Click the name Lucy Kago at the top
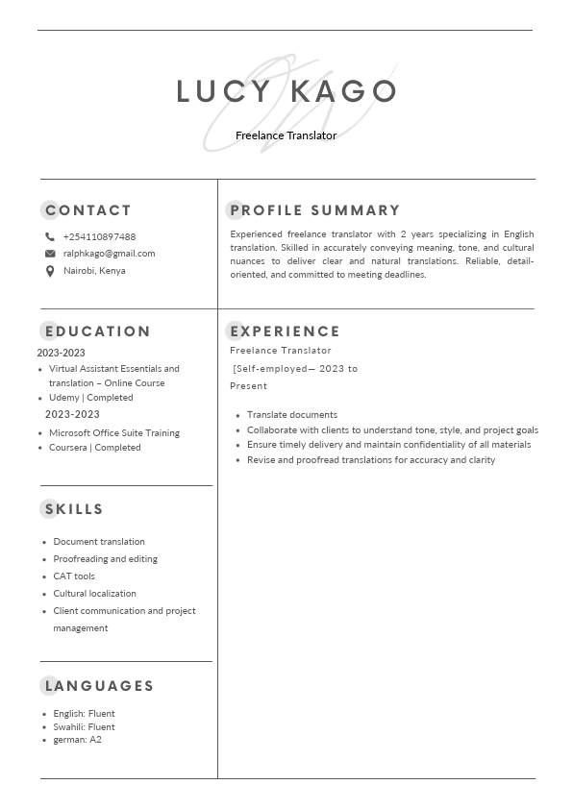tap(286, 91)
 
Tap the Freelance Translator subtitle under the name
tap(286, 135)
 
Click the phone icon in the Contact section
tap(50, 236)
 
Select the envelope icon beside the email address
tap(50, 254)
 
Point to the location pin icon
tap(50, 271)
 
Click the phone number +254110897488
tap(99, 236)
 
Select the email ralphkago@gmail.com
tap(109, 254)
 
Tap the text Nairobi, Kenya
tap(94, 271)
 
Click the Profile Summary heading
tap(314, 210)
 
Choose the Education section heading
tap(97, 331)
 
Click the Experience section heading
tap(285, 331)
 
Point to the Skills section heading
tap(74, 509)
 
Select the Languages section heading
tap(99, 686)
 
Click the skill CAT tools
tap(74, 576)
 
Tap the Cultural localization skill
tap(94, 594)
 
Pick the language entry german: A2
tap(77, 740)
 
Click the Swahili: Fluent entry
tap(84, 727)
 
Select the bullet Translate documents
tap(291, 415)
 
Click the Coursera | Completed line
tap(94, 448)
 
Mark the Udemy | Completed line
tap(90, 398)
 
